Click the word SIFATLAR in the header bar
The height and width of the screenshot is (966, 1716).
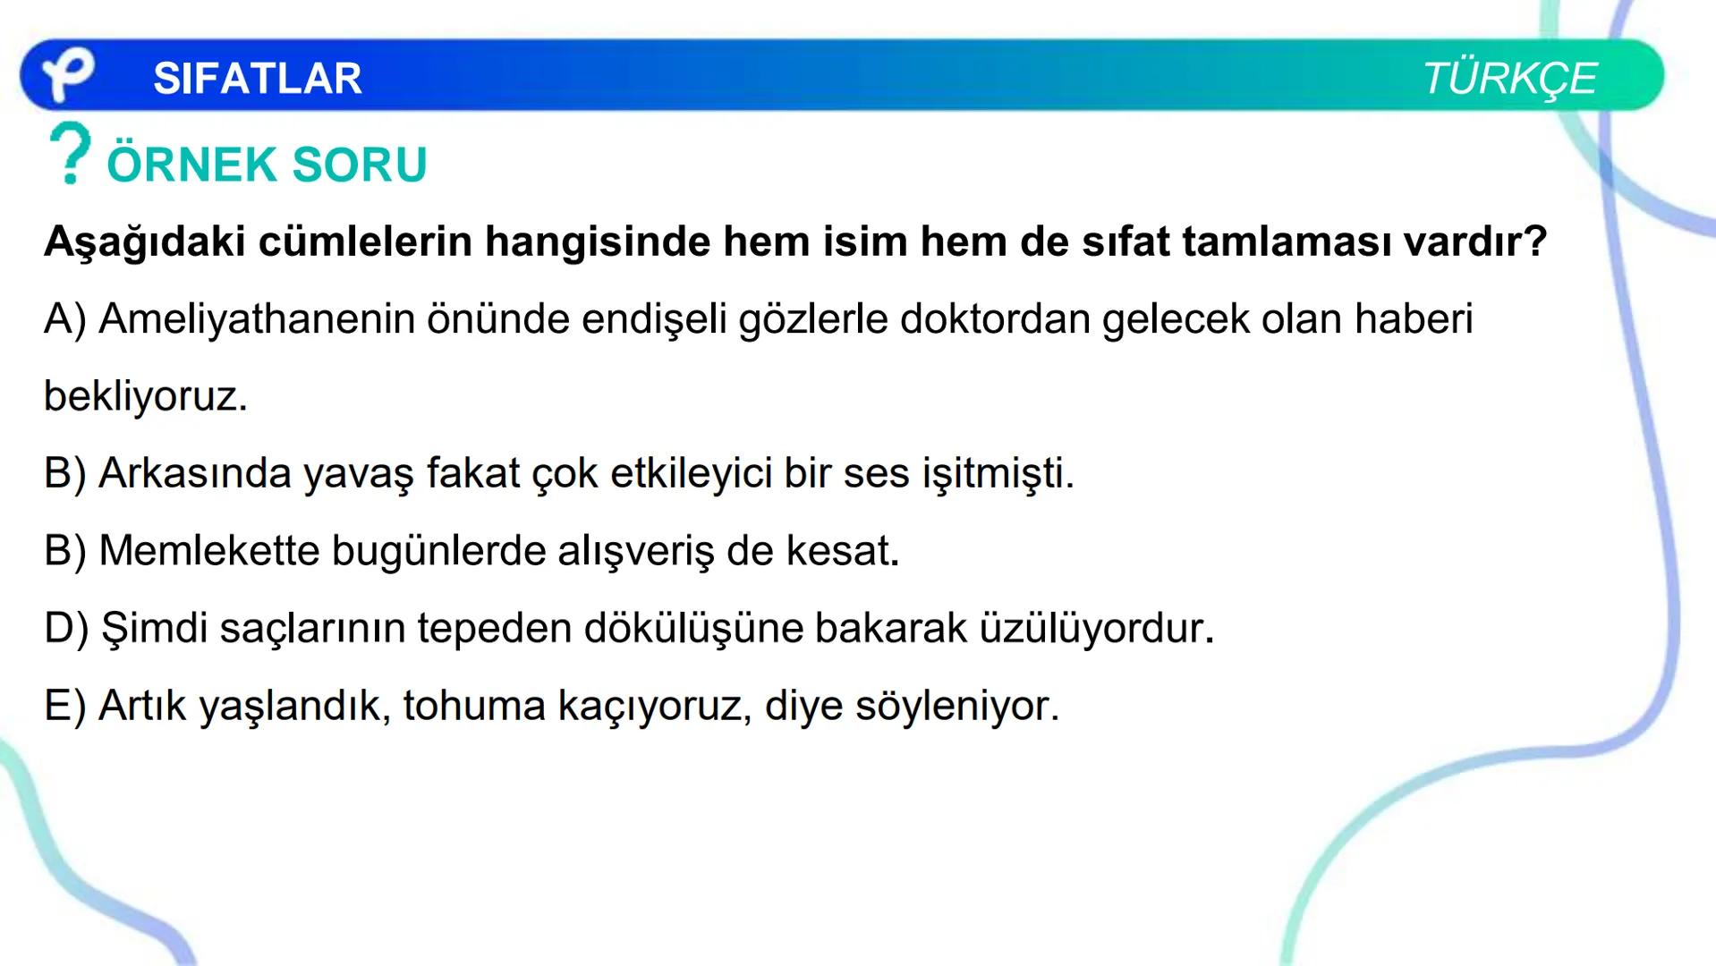258,79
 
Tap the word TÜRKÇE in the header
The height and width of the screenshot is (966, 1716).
1509,79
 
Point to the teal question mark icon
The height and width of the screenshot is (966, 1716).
70,154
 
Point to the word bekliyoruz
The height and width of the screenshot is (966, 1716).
145,396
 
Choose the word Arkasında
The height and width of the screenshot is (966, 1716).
195,473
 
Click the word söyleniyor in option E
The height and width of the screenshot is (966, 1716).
956,706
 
